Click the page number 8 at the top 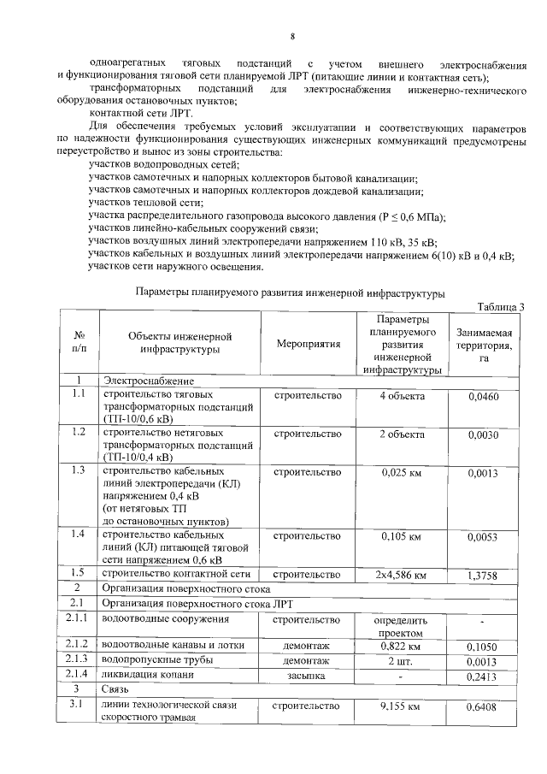(292, 36)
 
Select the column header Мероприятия (309, 344)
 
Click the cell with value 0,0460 (484, 397)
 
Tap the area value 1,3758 (484, 576)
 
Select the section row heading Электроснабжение (147, 381)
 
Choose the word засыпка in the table (309, 676)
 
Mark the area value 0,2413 (484, 677)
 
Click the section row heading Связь (117, 690)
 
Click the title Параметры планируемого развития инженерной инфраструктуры (290, 293)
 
